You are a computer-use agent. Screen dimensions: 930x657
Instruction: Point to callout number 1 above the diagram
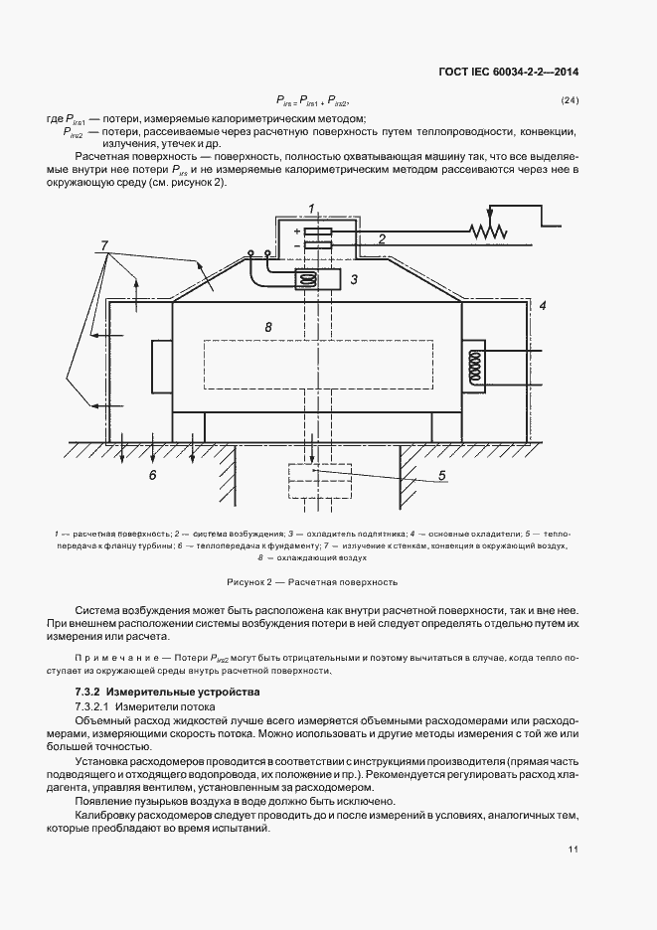pos(312,207)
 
